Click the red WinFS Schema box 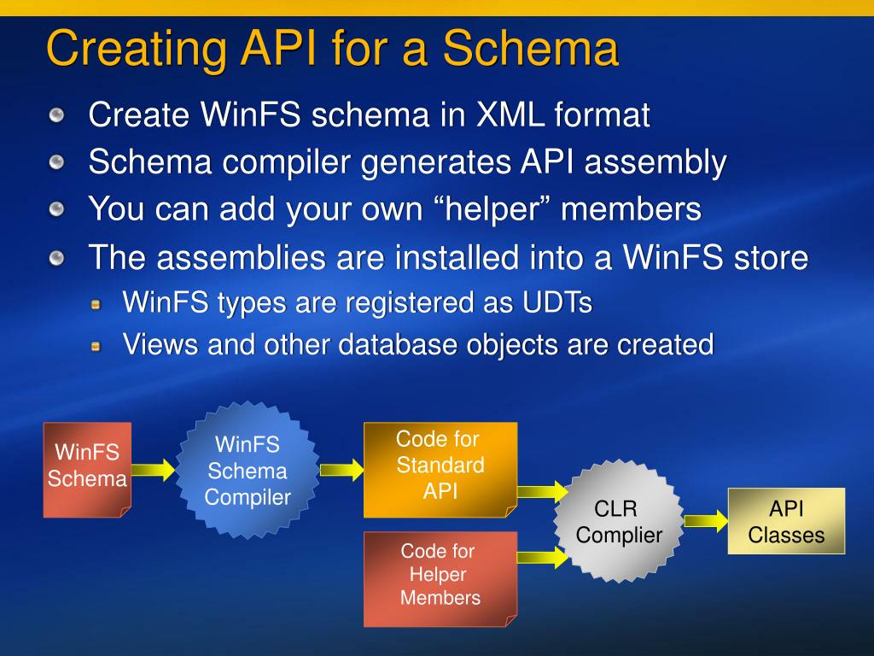point(88,470)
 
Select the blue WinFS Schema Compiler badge point(248,471)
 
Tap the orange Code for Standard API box point(440,470)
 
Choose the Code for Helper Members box point(440,579)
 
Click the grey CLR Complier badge point(619,522)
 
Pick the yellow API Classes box point(786,521)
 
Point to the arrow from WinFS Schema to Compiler point(154,470)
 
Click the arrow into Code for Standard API point(341,470)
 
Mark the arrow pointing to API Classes point(706,521)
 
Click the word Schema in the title point(531,48)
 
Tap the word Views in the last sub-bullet point(160,344)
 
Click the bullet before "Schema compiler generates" point(56,163)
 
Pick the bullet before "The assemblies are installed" point(56,258)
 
